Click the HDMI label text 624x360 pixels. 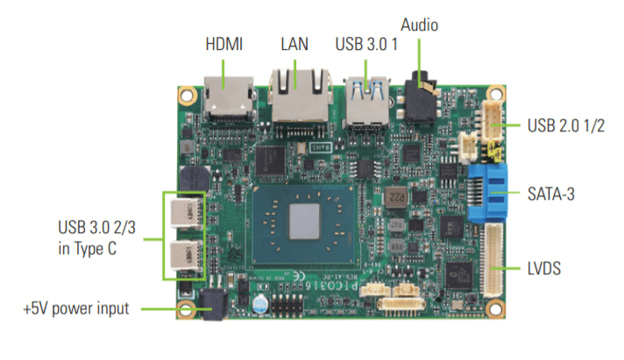[226, 43]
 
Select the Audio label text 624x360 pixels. [419, 24]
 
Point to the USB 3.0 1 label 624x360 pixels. [367, 43]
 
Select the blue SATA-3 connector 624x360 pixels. [488, 192]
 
